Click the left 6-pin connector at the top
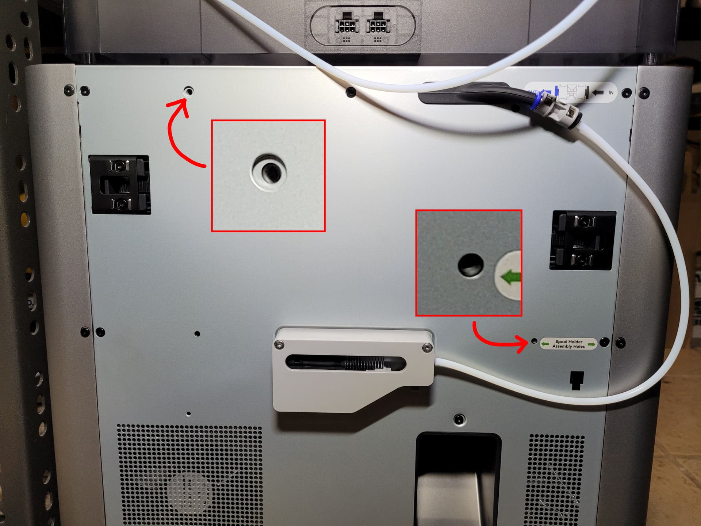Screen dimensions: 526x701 click(x=346, y=25)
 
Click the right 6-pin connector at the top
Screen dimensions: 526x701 click(x=378, y=25)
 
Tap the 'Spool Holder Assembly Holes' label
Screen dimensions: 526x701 click(x=568, y=344)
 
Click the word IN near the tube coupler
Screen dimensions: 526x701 click(x=611, y=93)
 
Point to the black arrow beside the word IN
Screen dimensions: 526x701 click(x=598, y=93)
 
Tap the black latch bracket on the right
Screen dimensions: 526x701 click(x=583, y=240)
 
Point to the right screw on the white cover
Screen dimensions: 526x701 click(x=427, y=348)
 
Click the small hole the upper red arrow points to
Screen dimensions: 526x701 click(x=189, y=91)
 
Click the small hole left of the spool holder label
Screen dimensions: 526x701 click(x=534, y=341)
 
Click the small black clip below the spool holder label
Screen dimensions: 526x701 click(x=576, y=380)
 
